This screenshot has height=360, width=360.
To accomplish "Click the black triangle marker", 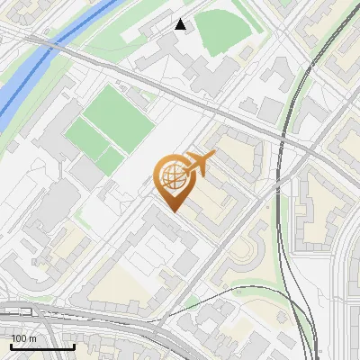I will click(x=181, y=24).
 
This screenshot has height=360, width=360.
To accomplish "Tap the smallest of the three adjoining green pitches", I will click(x=111, y=161).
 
